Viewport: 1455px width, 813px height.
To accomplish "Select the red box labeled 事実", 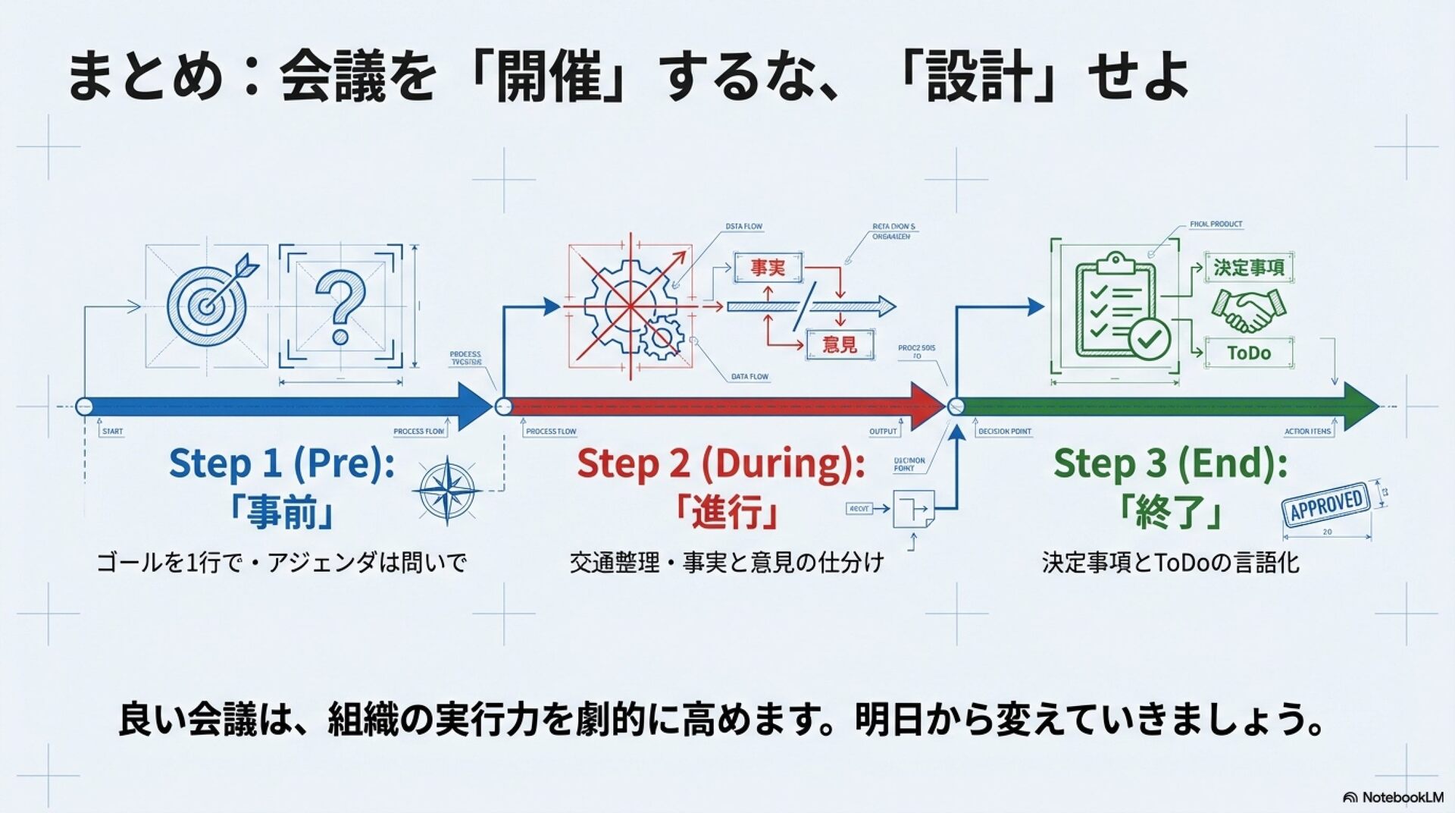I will coord(768,268).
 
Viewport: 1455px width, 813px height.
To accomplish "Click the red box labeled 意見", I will coord(840,345).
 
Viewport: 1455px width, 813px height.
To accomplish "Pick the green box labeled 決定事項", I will coord(1249,268).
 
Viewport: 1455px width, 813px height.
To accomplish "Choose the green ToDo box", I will coord(1249,353).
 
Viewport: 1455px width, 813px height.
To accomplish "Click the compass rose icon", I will coord(448,491).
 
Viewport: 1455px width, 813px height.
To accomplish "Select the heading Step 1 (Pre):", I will coord(282,463).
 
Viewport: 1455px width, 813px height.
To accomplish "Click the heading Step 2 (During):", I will coord(721,463).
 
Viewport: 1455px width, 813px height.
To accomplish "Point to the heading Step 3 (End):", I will coord(1170,463).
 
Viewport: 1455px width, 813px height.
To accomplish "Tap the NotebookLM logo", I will coord(1393,797).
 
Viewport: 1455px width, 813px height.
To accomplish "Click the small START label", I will coord(112,432).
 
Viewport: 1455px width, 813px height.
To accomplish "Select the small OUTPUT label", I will coord(883,432).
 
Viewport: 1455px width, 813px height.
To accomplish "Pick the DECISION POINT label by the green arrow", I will coord(1004,432).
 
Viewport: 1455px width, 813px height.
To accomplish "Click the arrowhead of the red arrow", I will coord(928,406).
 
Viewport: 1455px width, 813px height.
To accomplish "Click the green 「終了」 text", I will coord(1170,513).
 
